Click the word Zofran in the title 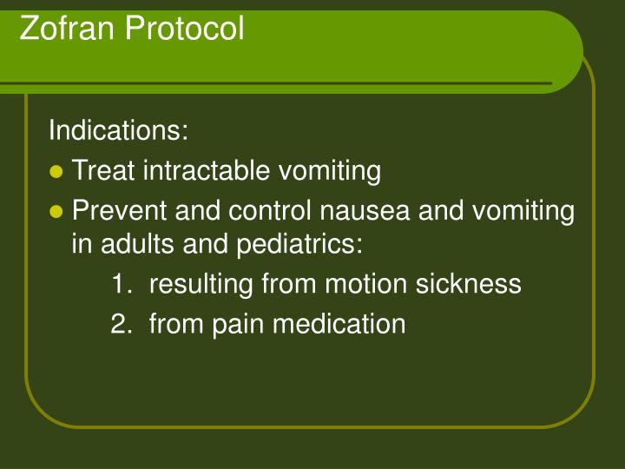coord(67,28)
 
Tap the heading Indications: coord(118,131)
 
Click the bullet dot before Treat coord(57,172)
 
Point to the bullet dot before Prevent coord(57,211)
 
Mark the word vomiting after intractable coord(328,172)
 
